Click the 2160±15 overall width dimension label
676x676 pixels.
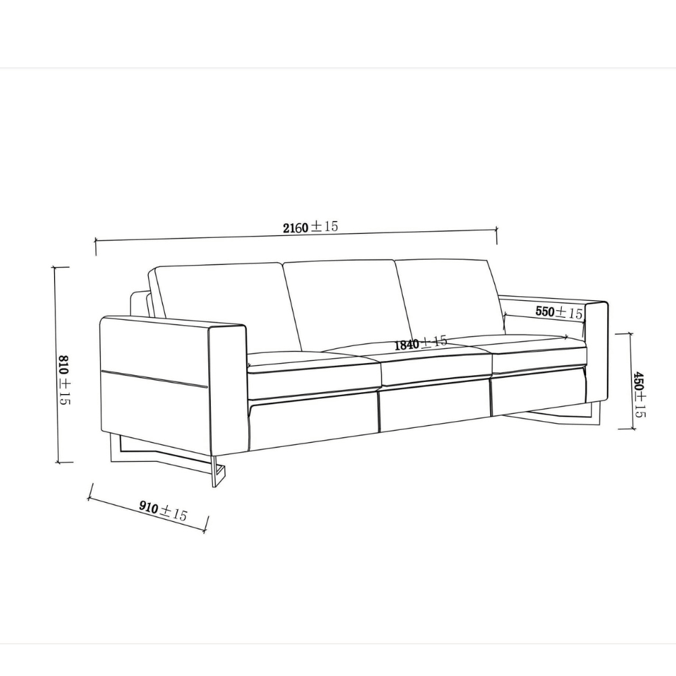click(310, 228)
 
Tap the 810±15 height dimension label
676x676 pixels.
click(65, 379)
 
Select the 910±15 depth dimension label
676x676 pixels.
click(162, 510)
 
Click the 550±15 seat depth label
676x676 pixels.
click(558, 312)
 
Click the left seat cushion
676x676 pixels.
click(314, 368)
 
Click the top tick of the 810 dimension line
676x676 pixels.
click(62, 267)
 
